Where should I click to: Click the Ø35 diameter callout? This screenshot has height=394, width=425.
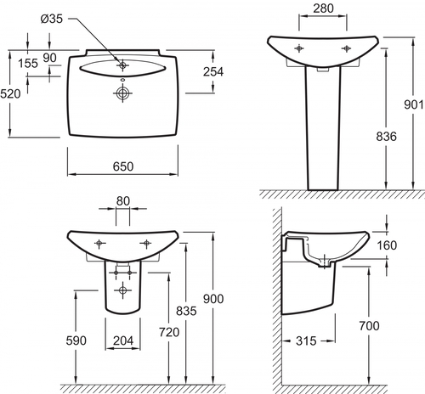point(52,19)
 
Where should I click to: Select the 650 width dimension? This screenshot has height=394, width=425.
point(123,166)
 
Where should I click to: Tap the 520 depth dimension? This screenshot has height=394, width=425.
point(10,93)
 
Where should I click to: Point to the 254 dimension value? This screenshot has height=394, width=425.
point(213,71)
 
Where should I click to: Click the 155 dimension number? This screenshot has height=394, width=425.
point(28,63)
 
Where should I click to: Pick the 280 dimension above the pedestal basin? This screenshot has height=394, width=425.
point(323,8)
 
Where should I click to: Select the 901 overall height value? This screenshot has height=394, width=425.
point(414,104)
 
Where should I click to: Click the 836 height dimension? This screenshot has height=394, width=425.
point(386,137)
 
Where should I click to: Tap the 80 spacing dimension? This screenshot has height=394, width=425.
point(123,201)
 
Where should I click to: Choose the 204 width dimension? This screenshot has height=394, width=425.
point(123,341)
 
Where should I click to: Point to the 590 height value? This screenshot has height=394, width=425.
point(76,341)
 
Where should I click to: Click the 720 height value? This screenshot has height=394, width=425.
point(169,332)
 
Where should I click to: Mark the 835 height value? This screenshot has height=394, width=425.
point(186,311)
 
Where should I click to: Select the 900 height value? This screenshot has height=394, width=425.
point(213,299)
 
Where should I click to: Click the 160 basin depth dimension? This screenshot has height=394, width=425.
point(387,245)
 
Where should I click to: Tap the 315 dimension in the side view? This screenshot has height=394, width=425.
point(306,341)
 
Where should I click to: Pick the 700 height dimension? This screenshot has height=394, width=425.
point(369,326)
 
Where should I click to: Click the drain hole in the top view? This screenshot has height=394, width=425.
point(122,93)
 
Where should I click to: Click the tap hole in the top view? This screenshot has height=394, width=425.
point(122,65)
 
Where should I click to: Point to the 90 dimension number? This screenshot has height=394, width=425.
point(49,58)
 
